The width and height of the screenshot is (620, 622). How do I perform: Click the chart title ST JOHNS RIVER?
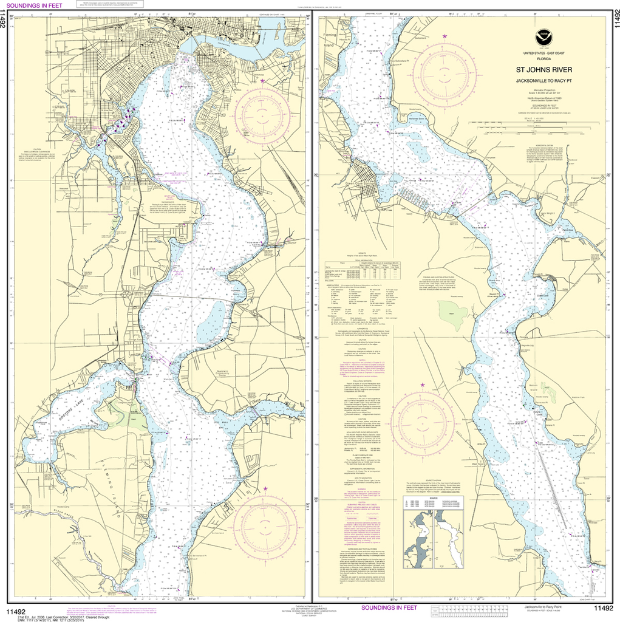coord(543,69)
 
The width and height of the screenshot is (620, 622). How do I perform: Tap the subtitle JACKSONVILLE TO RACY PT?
coord(543,80)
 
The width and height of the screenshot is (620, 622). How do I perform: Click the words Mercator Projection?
coord(543,89)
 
